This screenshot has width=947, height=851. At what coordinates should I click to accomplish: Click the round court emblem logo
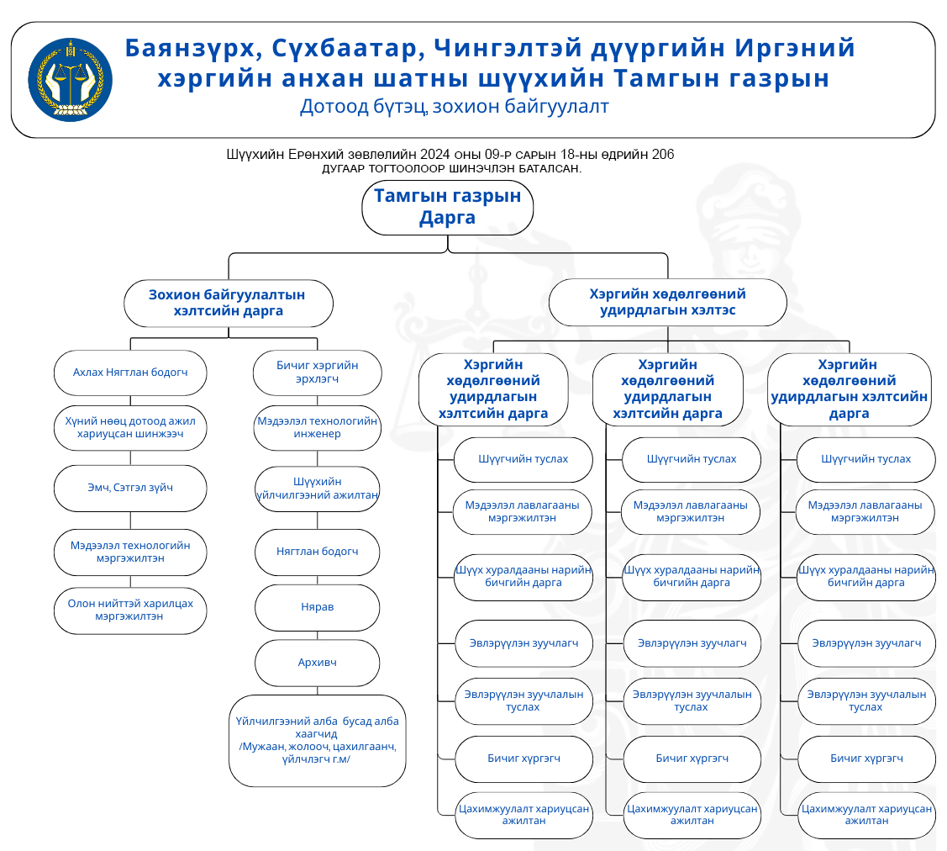pos(70,80)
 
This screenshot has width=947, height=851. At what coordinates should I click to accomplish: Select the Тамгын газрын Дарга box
pos(447,207)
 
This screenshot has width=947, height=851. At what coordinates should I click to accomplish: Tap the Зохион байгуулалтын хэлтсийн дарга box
pos(228,304)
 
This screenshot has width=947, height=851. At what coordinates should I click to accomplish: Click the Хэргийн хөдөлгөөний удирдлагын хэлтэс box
pos(667,302)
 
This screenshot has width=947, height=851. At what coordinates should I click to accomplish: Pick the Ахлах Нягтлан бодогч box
pos(130,373)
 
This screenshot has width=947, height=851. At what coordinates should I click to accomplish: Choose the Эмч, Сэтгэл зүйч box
pos(130,488)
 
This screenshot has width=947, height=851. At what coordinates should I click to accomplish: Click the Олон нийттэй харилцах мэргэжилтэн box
pos(130,610)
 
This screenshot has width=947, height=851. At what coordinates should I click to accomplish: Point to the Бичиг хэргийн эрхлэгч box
pos(317,373)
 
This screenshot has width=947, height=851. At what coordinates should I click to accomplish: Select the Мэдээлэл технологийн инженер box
pos(317,427)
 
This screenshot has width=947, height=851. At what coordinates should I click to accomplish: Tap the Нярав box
pos(317,606)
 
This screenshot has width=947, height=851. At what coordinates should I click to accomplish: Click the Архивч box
pos(317,663)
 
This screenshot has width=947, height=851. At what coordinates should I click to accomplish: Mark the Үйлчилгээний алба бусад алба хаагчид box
pos(317,740)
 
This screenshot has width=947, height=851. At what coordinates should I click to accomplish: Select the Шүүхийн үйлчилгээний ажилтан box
pos(317,489)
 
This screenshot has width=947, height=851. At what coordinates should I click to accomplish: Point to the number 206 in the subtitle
pos(662,155)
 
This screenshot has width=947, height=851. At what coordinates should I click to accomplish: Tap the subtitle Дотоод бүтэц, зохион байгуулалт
pos(454,107)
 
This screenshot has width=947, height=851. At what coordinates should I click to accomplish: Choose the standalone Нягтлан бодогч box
pos(317,552)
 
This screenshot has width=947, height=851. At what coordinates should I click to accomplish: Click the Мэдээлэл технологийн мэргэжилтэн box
pos(130,552)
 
